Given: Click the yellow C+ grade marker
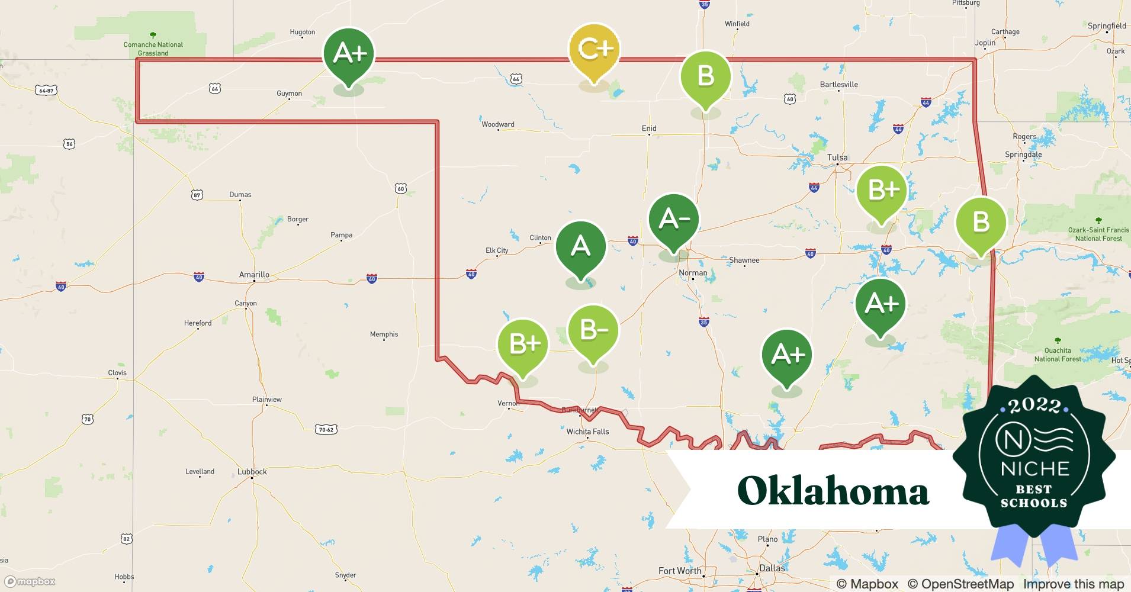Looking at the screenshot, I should pos(594,50).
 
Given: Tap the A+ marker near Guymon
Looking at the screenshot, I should pos(349,54).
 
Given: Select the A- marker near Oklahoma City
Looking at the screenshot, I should pos(674,220).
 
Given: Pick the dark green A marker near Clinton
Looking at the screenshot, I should pos(580,247).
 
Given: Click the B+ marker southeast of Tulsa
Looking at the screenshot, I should pos(882,191).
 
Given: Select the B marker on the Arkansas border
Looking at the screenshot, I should pos(981,223).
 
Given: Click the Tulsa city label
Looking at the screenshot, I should pos(837,157).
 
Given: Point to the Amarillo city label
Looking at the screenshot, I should pos(254,275).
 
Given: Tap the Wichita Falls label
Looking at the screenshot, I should pos(587,432).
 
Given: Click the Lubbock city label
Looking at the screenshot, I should pos(252,472).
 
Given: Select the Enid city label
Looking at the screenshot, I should pos(649,128).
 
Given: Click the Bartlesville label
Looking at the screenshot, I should pos(838,85).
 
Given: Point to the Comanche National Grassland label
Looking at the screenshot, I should pos(153,49).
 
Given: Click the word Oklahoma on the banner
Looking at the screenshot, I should pos(833,491).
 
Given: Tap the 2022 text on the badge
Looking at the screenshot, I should pos(1034,406).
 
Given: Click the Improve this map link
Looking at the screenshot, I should pos(1073,584).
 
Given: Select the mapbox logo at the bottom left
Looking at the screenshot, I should pos(30,581).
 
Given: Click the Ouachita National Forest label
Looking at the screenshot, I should pos(1058,355).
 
